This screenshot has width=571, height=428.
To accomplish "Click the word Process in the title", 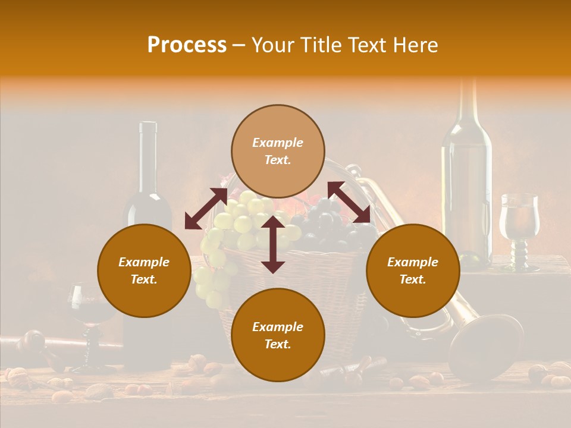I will [x=187, y=45].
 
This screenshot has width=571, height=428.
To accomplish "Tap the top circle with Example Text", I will [x=278, y=151].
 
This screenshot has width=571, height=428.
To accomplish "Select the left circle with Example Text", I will [x=144, y=270].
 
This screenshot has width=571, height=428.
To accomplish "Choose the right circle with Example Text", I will [x=413, y=270].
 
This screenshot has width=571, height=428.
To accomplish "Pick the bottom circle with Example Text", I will [x=278, y=335].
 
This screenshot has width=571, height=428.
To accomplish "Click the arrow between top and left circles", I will [x=206, y=209].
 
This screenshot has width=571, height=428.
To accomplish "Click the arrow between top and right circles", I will [x=349, y=202].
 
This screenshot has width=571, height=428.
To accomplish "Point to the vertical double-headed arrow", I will [x=273, y=244].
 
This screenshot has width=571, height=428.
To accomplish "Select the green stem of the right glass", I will [x=519, y=253].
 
